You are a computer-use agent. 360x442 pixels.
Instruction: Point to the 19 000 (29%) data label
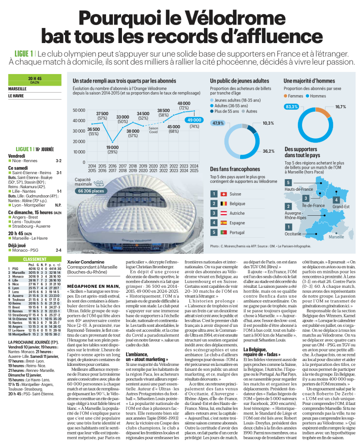[x=112, y=149]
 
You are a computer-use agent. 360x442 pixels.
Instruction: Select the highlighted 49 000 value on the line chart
[x=192, y=120]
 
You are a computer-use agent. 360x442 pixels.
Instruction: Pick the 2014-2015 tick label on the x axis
[x=92, y=168]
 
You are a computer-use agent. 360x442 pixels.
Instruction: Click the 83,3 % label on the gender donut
[x=291, y=107]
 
